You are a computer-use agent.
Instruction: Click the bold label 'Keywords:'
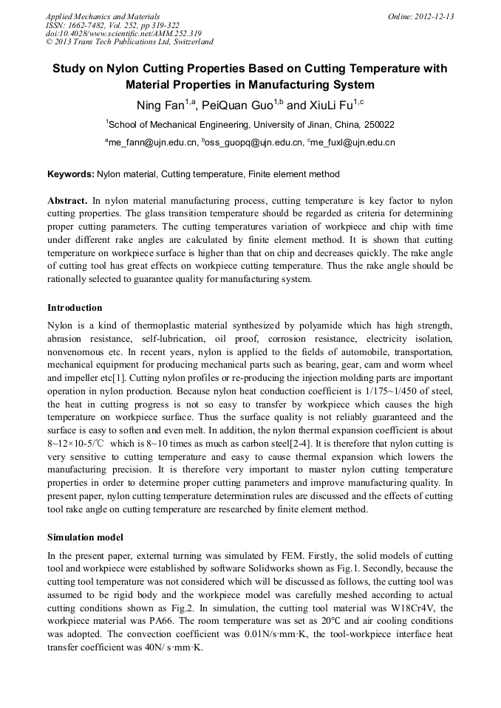pos(71,174)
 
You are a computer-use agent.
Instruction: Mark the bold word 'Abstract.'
pos(67,201)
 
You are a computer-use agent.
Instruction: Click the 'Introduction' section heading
pos(75,307)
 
